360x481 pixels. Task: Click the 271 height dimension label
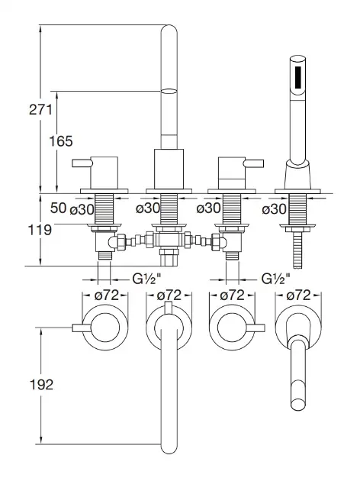click(40, 110)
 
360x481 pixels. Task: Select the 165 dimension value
click(61, 141)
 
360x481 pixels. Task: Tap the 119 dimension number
click(40, 230)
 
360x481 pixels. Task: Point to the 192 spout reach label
click(41, 385)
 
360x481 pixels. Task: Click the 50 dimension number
click(58, 208)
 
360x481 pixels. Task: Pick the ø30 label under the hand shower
click(275, 209)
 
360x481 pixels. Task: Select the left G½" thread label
click(146, 279)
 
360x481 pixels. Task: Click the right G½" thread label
click(276, 279)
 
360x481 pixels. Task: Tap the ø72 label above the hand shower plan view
click(298, 295)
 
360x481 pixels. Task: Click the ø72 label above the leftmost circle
click(106, 295)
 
